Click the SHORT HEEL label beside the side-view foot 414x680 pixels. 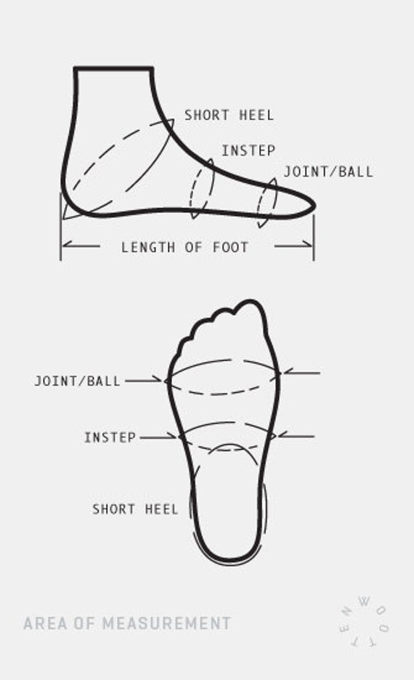click(x=230, y=116)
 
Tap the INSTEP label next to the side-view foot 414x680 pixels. click(x=248, y=150)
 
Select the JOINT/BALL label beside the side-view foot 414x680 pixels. click(x=328, y=171)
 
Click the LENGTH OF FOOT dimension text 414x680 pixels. click(x=184, y=247)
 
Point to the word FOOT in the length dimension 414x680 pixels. click(x=231, y=247)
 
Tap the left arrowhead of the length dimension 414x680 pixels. click(x=66, y=246)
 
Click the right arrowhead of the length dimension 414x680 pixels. click(x=308, y=246)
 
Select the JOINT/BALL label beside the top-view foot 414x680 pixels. click(x=77, y=381)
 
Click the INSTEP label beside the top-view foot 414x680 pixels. click(x=110, y=437)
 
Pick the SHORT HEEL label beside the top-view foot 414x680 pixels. click(x=135, y=509)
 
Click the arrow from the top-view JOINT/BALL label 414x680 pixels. click(x=144, y=381)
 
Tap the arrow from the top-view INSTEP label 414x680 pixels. click(x=158, y=437)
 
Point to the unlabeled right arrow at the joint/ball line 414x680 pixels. click(x=301, y=373)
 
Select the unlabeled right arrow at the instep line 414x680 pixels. click(x=296, y=437)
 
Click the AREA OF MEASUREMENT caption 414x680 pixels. click(x=127, y=623)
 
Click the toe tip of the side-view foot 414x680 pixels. click(x=314, y=206)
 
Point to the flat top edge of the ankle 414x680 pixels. click(x=113, y=68)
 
